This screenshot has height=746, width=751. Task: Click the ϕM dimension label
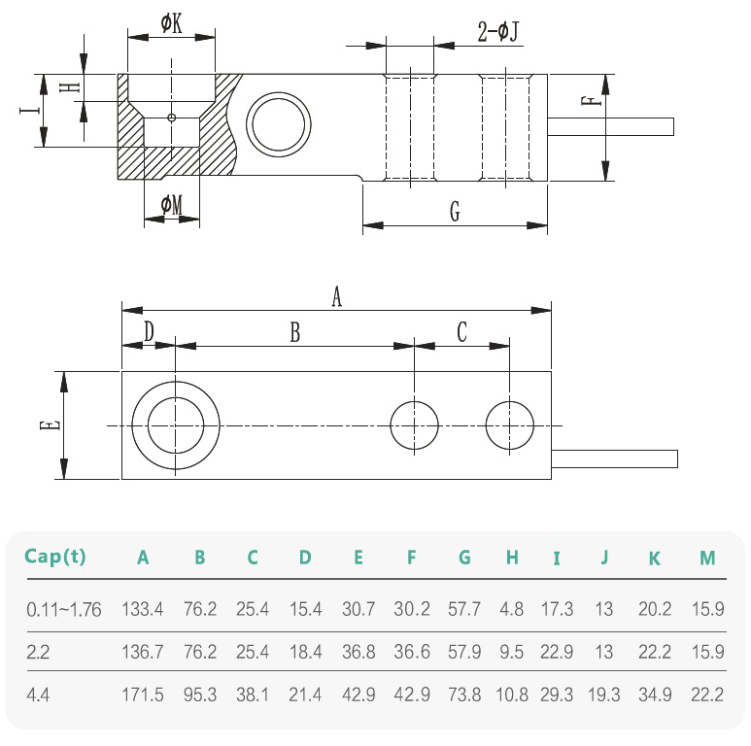(171, 204)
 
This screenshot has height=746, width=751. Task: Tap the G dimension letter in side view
(455, 212)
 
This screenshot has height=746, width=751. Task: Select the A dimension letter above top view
(337, 296)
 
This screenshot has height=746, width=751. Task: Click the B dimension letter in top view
(295, 332)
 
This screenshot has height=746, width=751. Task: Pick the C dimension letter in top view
(462, 332)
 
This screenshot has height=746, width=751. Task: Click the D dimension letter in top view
(148, 332)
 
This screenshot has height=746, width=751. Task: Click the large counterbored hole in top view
(175, 425)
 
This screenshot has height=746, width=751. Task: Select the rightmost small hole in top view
(510, 425)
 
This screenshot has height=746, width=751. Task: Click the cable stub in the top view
(614, 457)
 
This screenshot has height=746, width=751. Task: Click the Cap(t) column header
(55, 558)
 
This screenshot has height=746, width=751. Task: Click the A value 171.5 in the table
(143, 695)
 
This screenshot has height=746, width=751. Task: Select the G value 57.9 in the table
(464, 652)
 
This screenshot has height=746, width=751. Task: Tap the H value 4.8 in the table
(512, 610)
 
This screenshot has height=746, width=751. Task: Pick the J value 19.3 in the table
(604, 695)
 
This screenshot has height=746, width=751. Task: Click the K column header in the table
(655, 559)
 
